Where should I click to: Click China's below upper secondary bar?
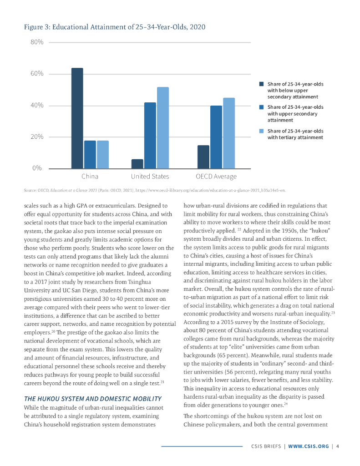(x=77, y=118)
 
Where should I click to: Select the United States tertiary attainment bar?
(x=162, y=128)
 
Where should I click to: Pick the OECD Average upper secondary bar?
(x=216, y=137)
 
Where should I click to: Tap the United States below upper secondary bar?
(x=137, y=164)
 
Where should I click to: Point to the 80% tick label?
(x=36, y=42)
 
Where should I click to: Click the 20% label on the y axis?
(x=36, y=137)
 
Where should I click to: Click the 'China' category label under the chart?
(x=90, y=176)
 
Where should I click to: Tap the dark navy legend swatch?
(x=261, y=84)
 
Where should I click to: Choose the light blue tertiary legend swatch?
(x=261, y=132)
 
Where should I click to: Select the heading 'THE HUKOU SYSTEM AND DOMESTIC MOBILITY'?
(x=92, y=399)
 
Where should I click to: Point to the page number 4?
(x=337, y=446)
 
